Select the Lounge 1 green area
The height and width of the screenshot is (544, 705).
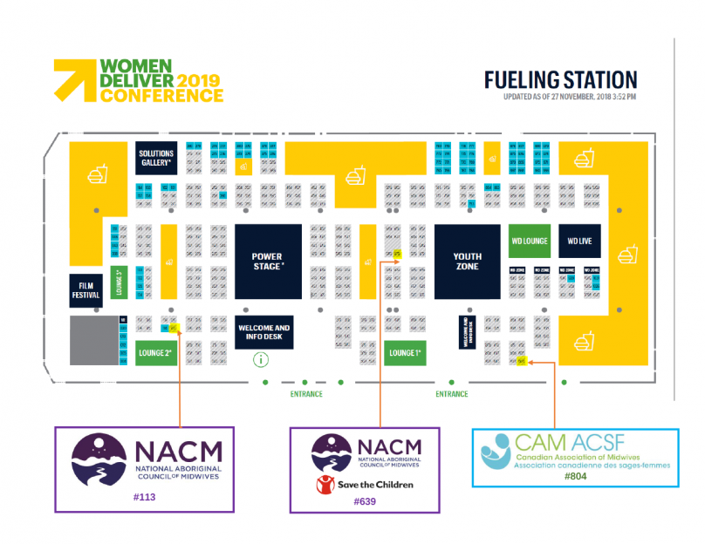click(405, 353)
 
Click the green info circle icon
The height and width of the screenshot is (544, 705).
click(259, 359)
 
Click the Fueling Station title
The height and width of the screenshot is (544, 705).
click(560, 80)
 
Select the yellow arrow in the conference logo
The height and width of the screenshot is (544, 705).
click(73, 79)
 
